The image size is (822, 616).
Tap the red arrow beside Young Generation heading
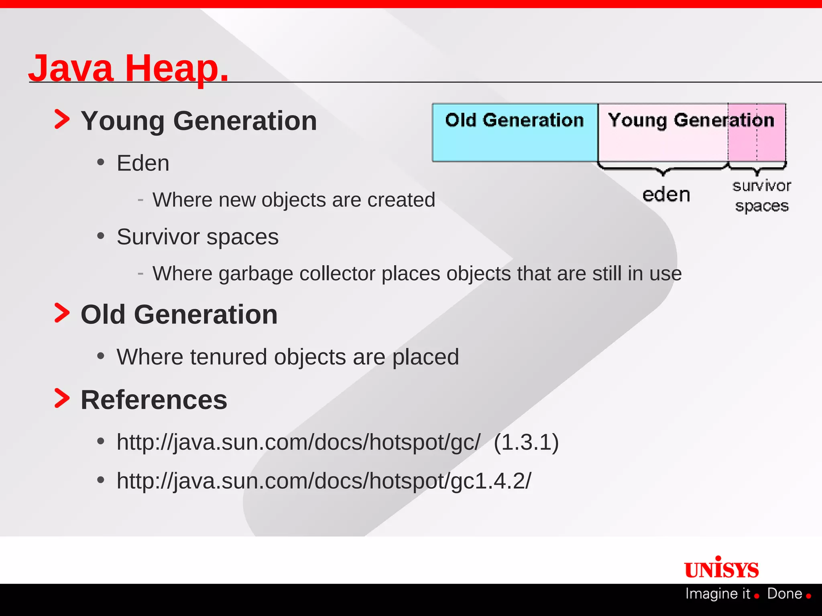pyautogui.click(x=62, y=120)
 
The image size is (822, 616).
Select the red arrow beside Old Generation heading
pyautogui.click(x=62, y=313)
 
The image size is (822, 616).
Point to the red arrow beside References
pyautogui.click(x=62, y=399)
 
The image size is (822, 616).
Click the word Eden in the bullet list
pyautogui.click(x=143, y=163)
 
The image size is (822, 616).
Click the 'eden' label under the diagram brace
pyautogui.click(x=666, y=195)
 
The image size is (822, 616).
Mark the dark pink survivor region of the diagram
pyautogui.click(x=757, y=140)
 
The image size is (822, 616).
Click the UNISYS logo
pyautogui.click(x=721, y=569)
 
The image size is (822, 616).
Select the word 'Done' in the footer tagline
pyautogui.click(x=784, y=594)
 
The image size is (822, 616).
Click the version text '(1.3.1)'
pyautogui.click(x=526, y=442)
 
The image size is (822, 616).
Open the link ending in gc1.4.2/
pyautogui.click(x=324, y=480)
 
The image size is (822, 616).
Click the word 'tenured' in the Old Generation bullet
pyautogui.click(x=228, y=357)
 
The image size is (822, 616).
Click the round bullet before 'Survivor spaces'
pyautogui.click(x=101, y=236)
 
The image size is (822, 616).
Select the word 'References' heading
pyautogui.click(x=154, y=400)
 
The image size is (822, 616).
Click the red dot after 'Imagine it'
pyautogui.click(x=757, y=596)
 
